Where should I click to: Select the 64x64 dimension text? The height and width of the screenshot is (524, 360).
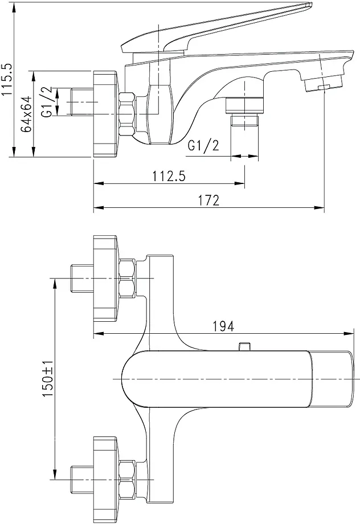click(x=26, y=114)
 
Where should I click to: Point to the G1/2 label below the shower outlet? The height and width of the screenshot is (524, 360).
click(x=203, y=146)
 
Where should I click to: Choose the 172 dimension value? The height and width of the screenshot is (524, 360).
click(x=208, y=199)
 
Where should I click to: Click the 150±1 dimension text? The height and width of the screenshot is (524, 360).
click(x=48, y=379)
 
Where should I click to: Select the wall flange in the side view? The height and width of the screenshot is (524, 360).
click(x=105, y=114)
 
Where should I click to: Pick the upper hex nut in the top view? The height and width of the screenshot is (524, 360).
click(x=128, y=277)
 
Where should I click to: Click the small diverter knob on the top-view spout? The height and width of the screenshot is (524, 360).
click(x=246, y=346)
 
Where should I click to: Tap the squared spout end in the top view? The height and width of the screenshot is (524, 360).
click(x=332, y=379)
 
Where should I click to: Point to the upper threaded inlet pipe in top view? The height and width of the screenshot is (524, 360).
click(x=80, y=277)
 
